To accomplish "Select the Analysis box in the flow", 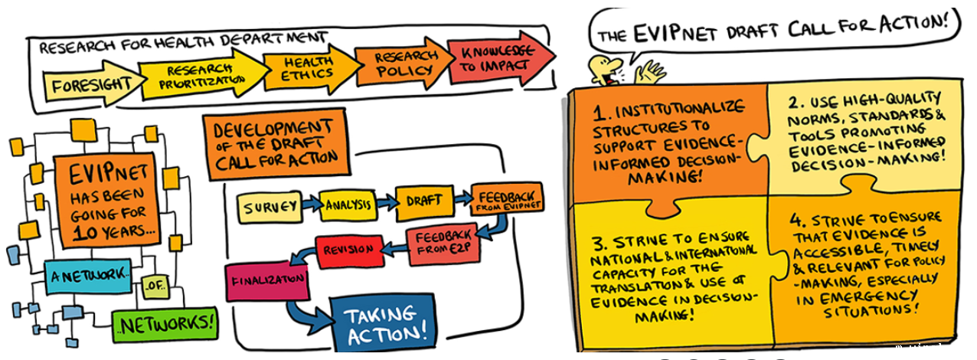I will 348,205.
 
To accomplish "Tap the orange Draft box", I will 423,200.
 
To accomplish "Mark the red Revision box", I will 347,251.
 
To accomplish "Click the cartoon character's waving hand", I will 653,71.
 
